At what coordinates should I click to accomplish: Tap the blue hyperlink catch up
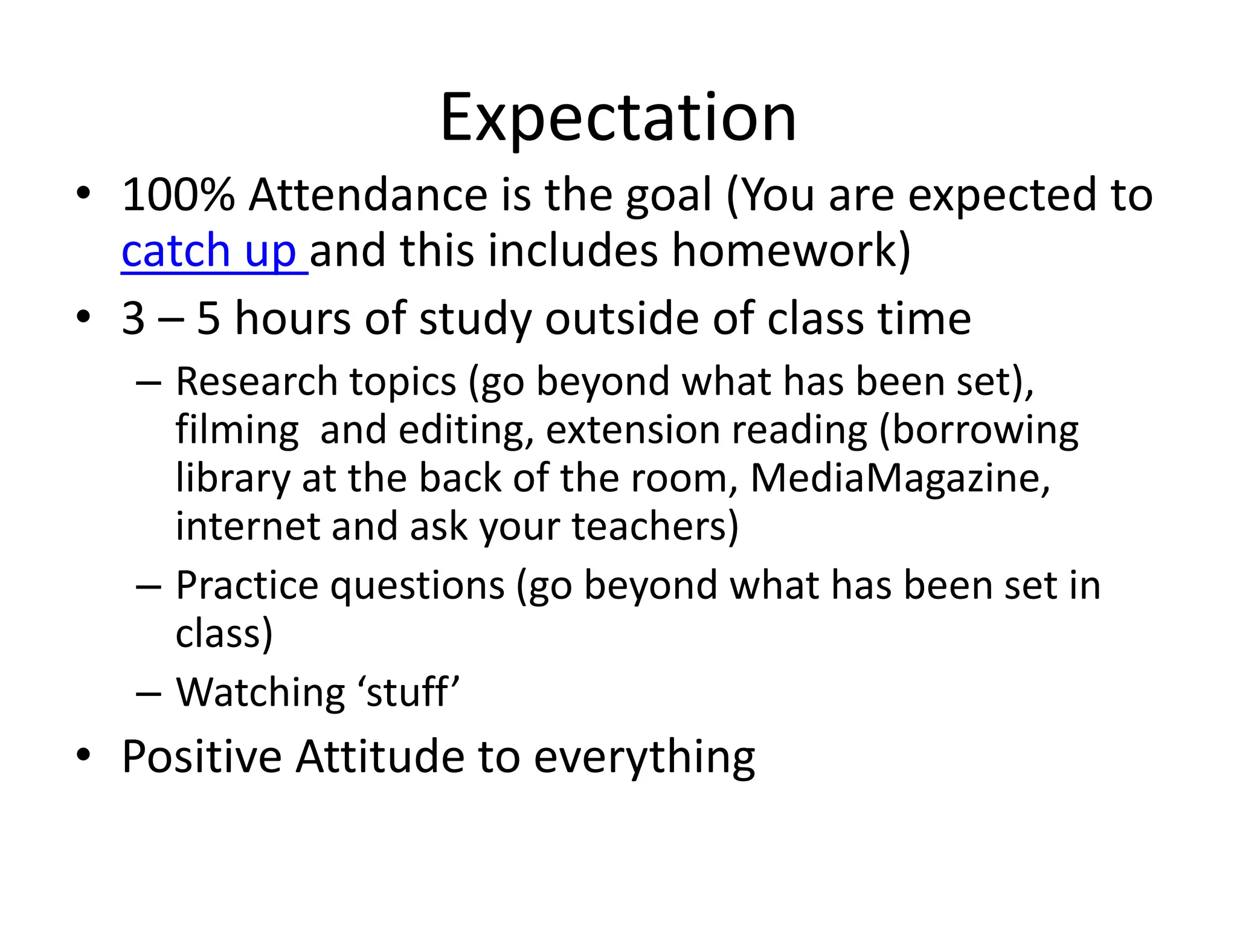pos(209,251)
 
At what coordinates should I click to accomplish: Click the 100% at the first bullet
pos(178,195)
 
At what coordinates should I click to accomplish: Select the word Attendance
pos(368,195)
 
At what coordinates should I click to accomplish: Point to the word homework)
pos(791,251)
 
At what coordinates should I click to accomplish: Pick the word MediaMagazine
pos(900,478)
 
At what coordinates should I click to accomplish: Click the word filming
pos(237,430)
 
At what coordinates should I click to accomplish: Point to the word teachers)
pos(655,526)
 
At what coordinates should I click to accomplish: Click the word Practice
pos(246,585)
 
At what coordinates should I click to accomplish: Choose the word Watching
pos(260,692)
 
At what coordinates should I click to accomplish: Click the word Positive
pos(202,756)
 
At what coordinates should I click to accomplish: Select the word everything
pos(644,758)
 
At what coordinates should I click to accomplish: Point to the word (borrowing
pos(978,430)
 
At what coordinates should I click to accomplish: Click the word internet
pos(246,526)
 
